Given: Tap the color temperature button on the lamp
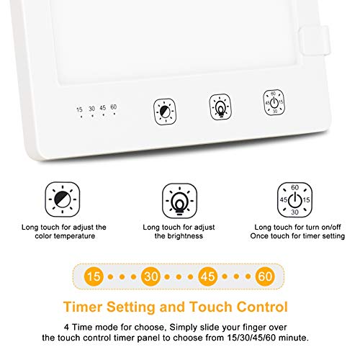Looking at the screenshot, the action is click(x=165, y=112).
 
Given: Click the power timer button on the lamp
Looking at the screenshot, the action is click(x=274, y=102).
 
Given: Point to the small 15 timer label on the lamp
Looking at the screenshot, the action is click(x=79, y=109).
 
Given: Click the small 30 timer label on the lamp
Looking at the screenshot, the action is click(x=92, y=109).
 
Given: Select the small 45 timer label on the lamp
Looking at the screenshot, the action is click(x=103, y=108).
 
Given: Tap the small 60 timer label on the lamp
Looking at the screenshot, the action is click(x=114, y=107).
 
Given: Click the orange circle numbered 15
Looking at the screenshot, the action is click(x=94, y=276).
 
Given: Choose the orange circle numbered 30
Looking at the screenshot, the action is click(x=150, y=276).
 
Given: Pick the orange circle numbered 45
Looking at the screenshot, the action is click(x=208, y=276).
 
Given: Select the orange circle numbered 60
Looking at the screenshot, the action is click(x=265, y=276).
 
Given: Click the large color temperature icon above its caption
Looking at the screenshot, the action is click(x=63, y=199).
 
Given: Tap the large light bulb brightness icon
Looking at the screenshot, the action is click(x=179, y=201).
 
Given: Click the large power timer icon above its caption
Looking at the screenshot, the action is click(x=294, y=199).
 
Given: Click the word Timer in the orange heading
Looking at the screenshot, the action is click(x=83, y=307).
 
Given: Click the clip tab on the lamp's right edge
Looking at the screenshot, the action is click(x=315, y=40).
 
